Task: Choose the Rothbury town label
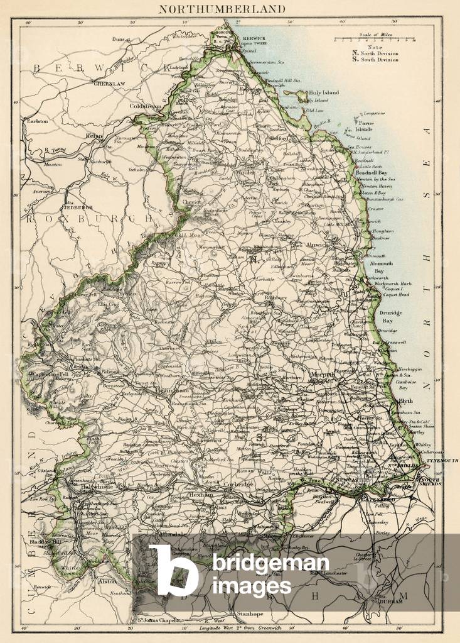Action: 273,298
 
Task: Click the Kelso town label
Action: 94,135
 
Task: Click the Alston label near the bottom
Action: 107,581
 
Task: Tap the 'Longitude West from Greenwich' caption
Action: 235,628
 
